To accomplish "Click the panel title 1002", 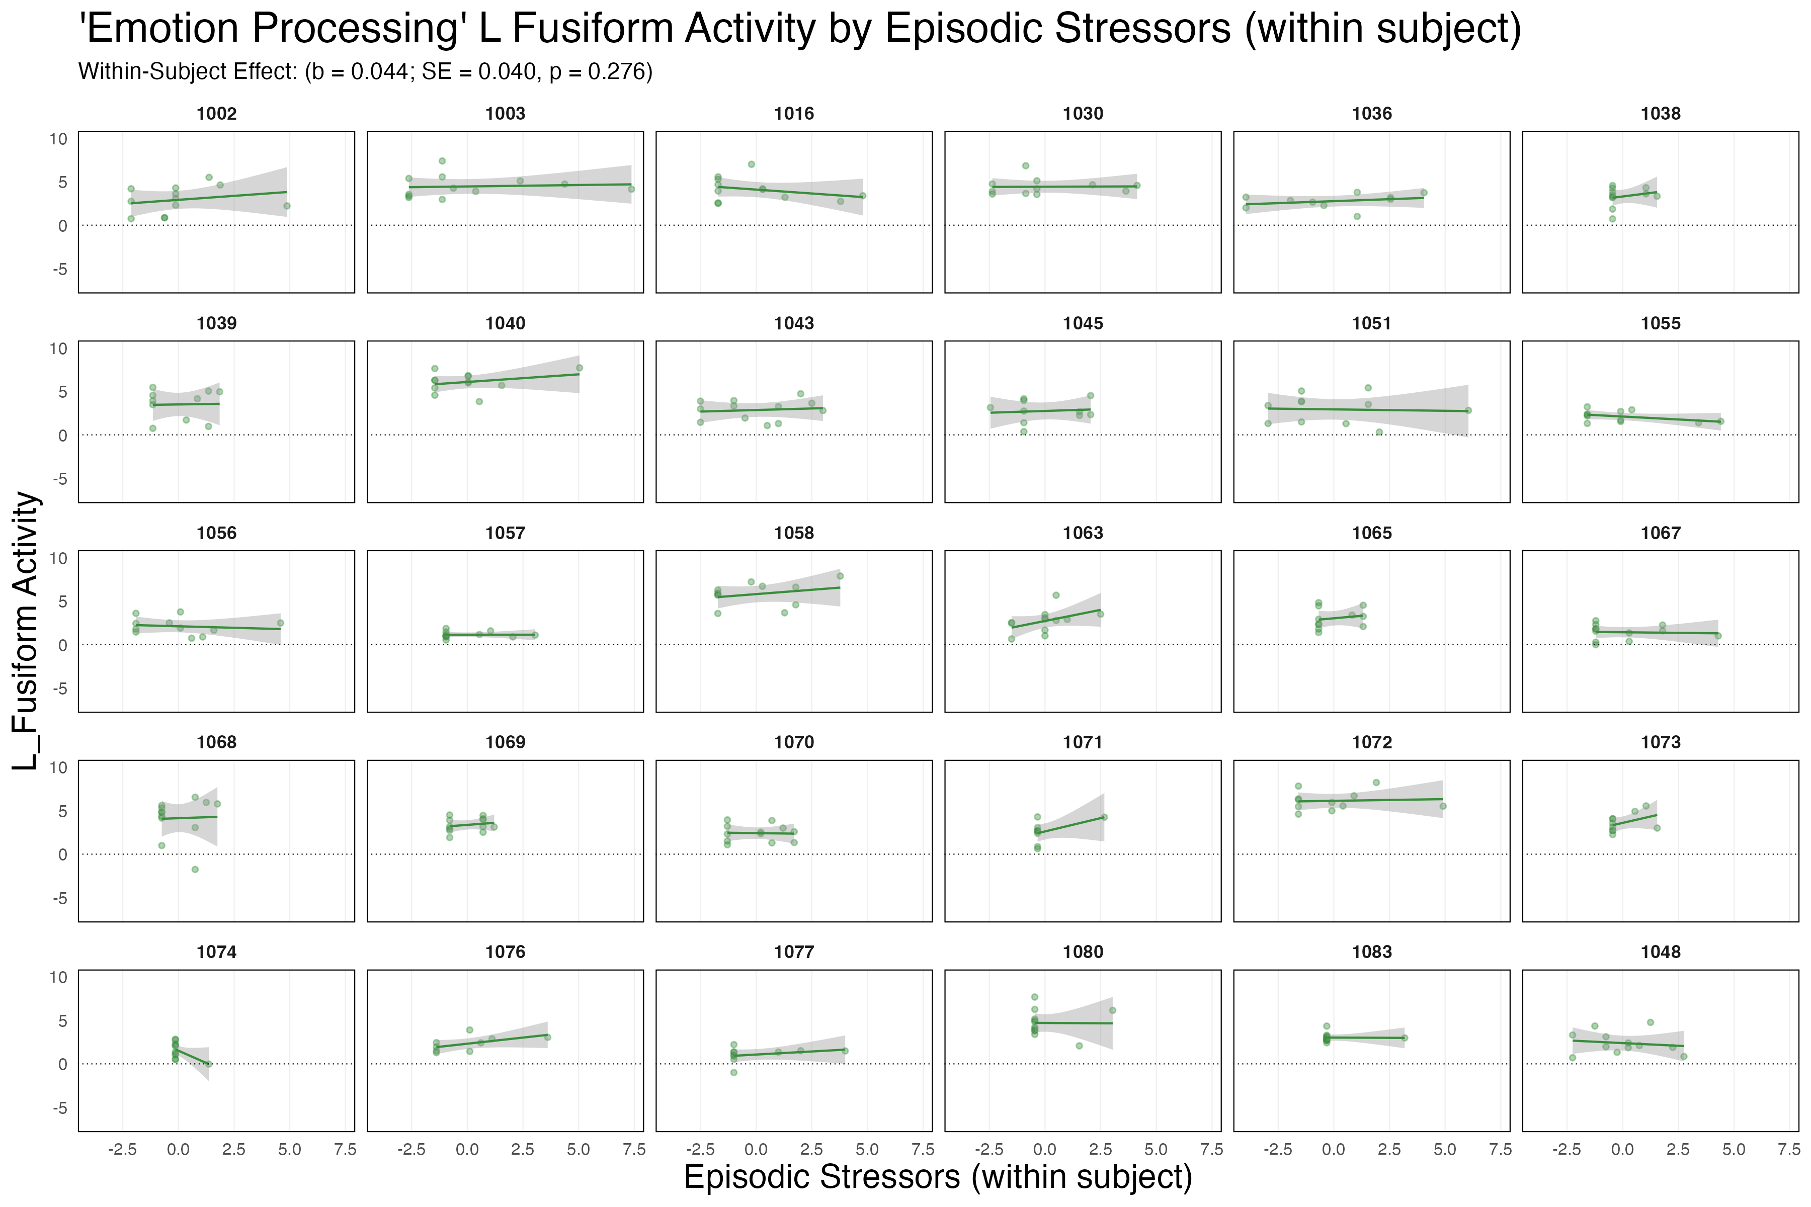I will pyautogui.click(x=216, y=114).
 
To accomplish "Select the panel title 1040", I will pyautogui.click(x=505, y=323).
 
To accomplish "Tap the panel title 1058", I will pyautogui.click(x=794, y=533).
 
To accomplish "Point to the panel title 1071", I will pyautogui.click(x=1083, y=742).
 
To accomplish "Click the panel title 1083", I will pyautogui.click(x=1371, y=952).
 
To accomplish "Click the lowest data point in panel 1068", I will pyautogui.click(x=195, y=869).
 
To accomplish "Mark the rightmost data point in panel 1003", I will pyautogui.click(x=631, y=189).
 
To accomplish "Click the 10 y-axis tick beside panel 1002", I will pyautogui.click(x=58, y=139).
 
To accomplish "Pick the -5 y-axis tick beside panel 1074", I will pyautogui.click(x=58, y=1108).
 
